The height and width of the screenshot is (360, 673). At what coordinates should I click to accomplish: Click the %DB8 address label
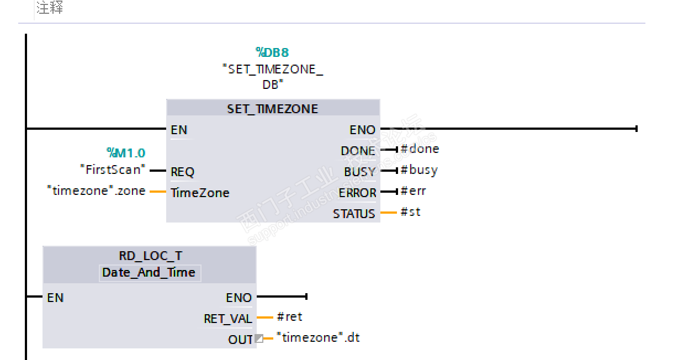(x=272, y=52)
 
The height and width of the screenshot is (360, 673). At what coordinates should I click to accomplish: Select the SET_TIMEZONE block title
(x=273, y=109)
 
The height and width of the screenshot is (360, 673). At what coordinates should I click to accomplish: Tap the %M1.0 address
(x=126, y=152)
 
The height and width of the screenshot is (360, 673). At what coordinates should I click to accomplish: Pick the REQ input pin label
(x=183, y=172)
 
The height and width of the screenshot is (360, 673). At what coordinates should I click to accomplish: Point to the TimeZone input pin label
(x=200, y=193)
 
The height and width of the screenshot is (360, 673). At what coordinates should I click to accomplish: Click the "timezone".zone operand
(x=97, y=191)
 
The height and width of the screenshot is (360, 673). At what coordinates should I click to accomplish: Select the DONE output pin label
(x=358, y=151)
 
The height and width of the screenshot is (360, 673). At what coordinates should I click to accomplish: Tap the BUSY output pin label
(x=359, y=172)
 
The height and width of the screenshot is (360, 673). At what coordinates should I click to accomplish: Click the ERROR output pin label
(x=357, y=193)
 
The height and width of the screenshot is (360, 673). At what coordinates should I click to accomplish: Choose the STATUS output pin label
(x=354, y=214)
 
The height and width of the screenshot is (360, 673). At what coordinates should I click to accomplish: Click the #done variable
(x=420, y=149)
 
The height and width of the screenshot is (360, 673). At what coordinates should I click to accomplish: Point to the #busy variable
(x=419, y=170)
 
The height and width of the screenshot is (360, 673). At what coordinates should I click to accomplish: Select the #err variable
(x=413, y=191)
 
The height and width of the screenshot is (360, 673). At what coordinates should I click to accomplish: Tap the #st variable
(x=410, y=211)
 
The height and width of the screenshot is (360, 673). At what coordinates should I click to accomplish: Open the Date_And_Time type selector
(x=149, y=273)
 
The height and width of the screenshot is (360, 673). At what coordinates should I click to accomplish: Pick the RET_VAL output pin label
(x=228, y=319)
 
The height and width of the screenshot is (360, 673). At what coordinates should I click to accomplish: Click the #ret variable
(x=289, y=317)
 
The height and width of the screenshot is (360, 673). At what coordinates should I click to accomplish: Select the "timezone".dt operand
(x=318, y=337)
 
